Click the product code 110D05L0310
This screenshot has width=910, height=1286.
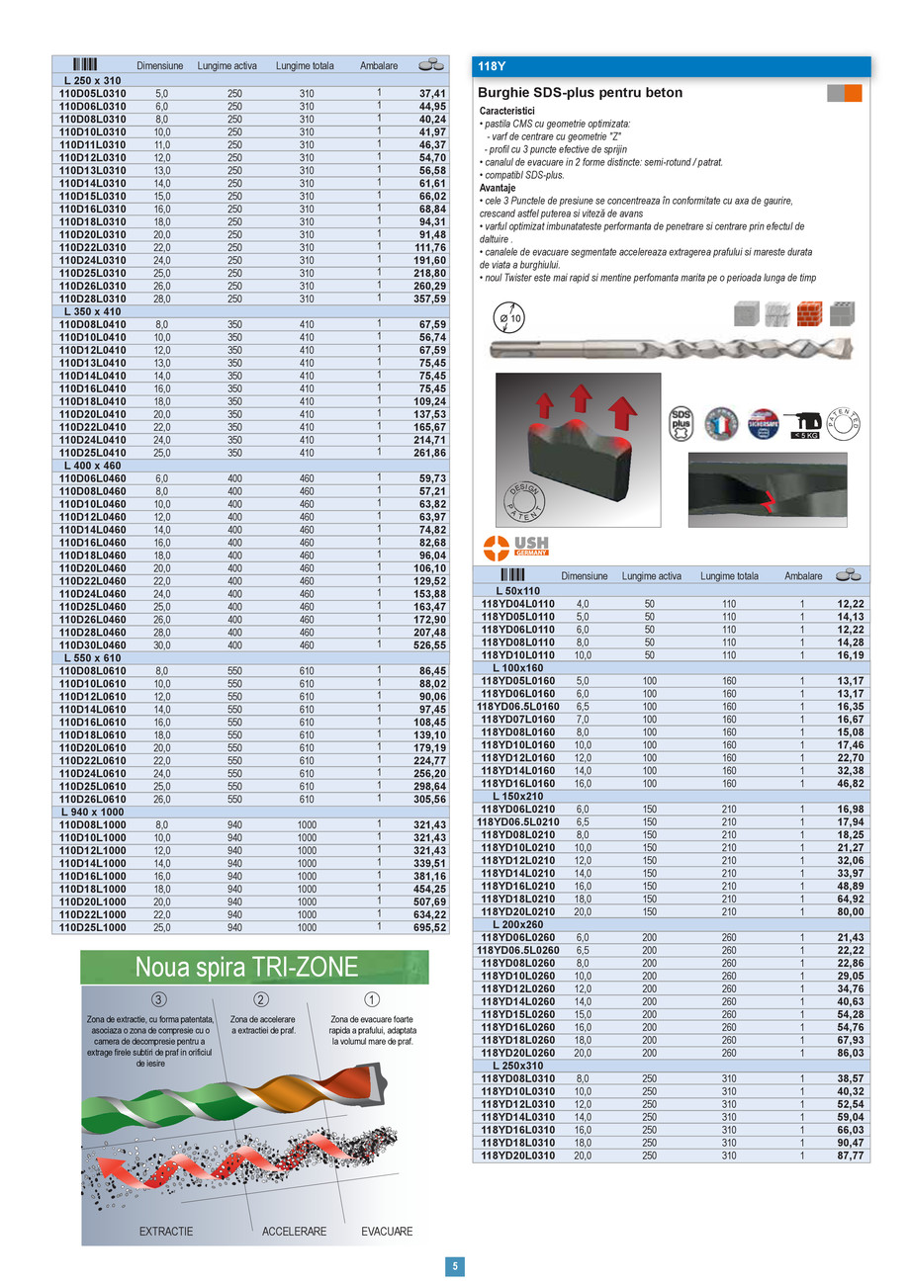click(x=92, y=93)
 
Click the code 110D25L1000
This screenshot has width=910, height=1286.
click(x=92, y=928)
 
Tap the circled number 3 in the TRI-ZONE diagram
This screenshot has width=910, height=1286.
click(x=159, y=999)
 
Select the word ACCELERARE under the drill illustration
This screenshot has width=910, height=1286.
click(x=294, y=1232)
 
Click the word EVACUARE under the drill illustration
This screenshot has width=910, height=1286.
click(x=387, y=1232)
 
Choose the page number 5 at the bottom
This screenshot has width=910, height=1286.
click(x=454, y=1266)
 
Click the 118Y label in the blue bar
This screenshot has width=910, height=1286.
click(x=492, y=67)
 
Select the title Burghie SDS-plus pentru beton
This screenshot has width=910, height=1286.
click(x=580, y=93)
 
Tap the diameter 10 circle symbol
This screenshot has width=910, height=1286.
click(x=512, y=318)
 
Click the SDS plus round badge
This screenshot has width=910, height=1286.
click(x=682, y=422)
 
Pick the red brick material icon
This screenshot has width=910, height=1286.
click(x=809, y=313)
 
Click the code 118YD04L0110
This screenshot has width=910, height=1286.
click(x=517, y=603)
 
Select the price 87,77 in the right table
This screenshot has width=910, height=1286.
click(x=850, y=1156)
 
